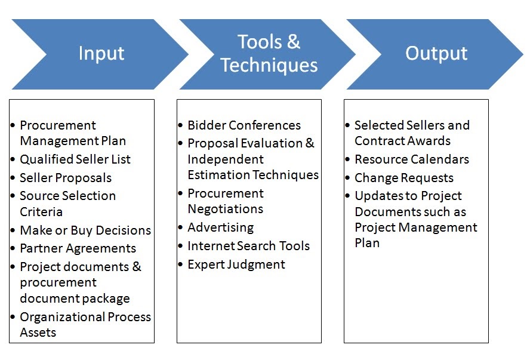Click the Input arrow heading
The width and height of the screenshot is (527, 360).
pyautogui.click(x=101, y=54)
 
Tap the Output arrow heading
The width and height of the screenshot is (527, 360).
pyautogui.click(x=436, y=54)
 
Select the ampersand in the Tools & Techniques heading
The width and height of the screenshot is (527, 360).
pyautogui.click(x=294, y=42)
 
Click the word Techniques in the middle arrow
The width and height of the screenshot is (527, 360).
pyautogui.click(x=269, y=65)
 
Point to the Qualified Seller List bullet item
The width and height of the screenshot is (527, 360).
pyautogui.click(x=75, y=159)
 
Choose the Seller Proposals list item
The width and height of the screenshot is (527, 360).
pyautogui.click(x=66, y=178)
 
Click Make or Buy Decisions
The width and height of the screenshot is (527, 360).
pyautogui.click(x=85, y=230)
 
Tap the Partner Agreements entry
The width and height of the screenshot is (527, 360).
pyautogui.click(x=78, y=248)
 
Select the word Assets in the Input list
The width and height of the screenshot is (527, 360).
pyautogui.click(x=38, y=333)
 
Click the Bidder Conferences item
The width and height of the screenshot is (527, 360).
pyautogui.click(x=244, y=125)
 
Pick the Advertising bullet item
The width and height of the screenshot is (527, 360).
pyautogui.click(x=220, y=227)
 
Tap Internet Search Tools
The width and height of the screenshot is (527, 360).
pyautogui.click(x=248, y=246)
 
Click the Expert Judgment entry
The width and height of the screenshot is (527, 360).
pyautogui.click(x=236, y=264)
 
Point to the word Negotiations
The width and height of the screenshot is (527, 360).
pyautogui.click(x=225, y=209)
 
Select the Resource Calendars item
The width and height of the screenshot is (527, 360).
pyautogui.click(x=412, y=159)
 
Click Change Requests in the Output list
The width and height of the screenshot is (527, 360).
pyautogui.click(x=404, y=178)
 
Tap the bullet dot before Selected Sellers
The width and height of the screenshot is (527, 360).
pyautogui.click(x=348, y=125)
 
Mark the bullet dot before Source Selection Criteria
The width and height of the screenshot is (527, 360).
pyautogui.click(x=13, y=196)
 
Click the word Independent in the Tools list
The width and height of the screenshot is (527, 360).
pyautogui.click(x=226, y=159)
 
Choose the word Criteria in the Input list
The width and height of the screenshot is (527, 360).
pyautogui.click(x=41, y=212)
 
